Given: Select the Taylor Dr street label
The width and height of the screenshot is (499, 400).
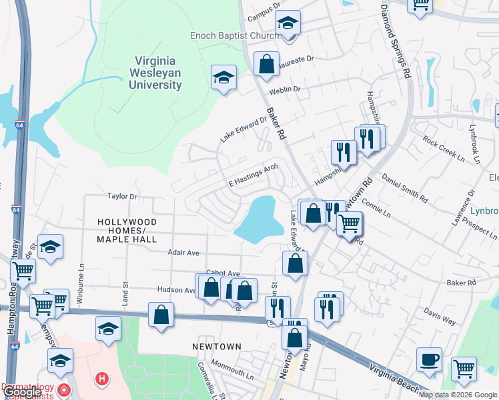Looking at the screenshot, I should (122, 197).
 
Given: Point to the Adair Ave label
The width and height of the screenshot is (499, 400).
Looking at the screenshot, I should (183, 253).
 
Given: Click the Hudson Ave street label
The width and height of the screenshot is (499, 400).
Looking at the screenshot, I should (175, 290).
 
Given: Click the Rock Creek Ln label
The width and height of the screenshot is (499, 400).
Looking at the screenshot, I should (443, 150).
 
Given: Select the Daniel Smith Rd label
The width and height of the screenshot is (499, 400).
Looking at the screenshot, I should (404, 187).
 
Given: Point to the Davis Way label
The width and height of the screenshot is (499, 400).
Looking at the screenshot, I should (440, 317).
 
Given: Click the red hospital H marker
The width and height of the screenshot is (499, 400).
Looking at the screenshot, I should (101, 379).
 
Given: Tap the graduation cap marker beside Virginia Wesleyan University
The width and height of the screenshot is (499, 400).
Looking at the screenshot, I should (223, 77).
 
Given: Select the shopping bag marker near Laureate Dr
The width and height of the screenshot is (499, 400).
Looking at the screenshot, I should (266, 65).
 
